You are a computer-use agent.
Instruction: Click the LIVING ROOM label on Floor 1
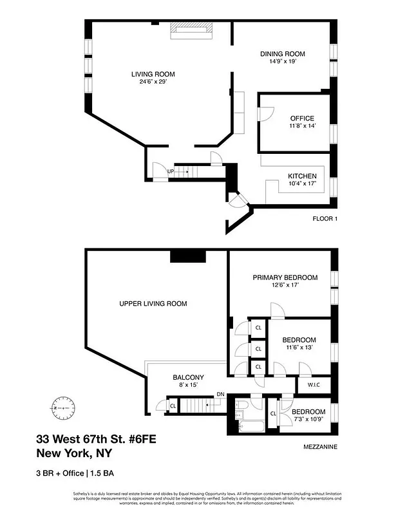tap(153, 74)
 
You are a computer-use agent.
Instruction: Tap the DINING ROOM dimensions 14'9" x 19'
tap(282, 62)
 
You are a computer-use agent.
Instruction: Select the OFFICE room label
tap(301, 118)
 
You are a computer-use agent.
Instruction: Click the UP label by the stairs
tap(171, 172)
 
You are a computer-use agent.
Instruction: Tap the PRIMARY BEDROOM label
tap(285, 277)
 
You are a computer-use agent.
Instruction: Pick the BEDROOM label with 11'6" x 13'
tap(299, 340)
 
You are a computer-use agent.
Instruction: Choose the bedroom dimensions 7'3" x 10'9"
tap(308, 420)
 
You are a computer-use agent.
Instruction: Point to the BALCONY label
tap(188, 377)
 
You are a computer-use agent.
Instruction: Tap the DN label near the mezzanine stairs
tap(220, 394)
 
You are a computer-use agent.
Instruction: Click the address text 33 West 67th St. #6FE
tap(95, 440)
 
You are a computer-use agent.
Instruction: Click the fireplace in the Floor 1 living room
tap(189, 30)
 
